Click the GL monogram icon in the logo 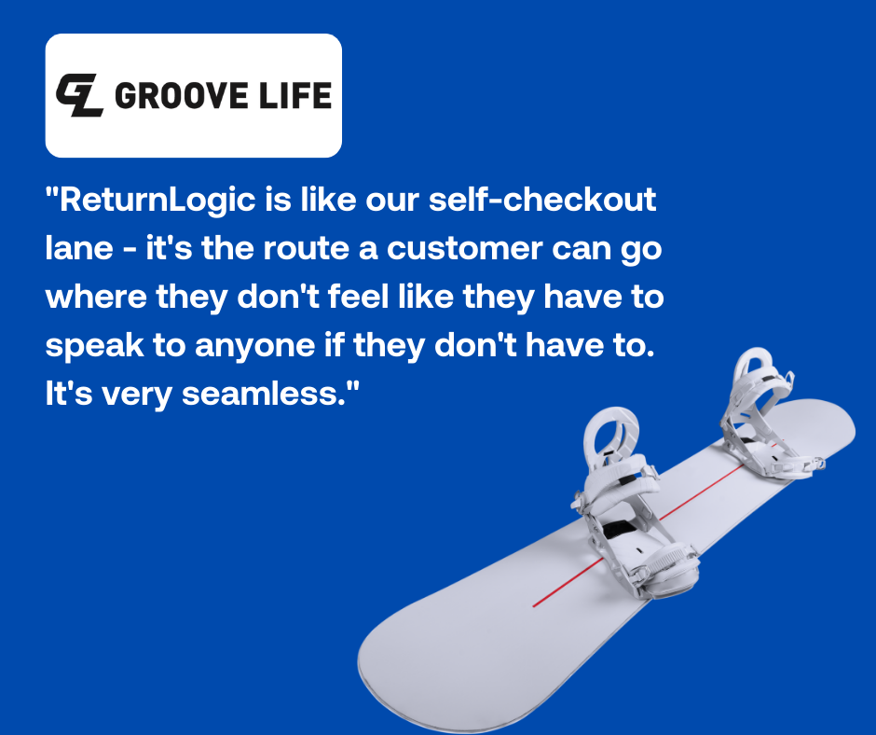(79, 94)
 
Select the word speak (92, 346)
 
